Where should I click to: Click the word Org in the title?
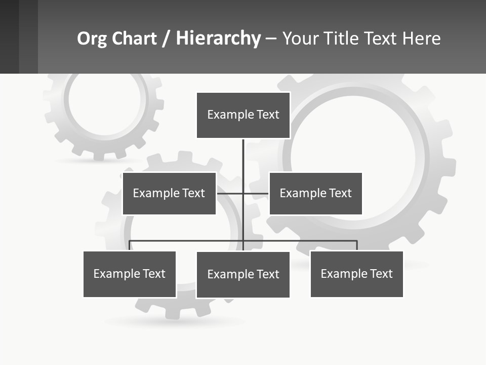[x=92, y=39]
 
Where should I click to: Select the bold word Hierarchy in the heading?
[x=218, y=39]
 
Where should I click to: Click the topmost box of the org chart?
[x=243, y=115]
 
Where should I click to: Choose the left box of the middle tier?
[x=169, y=193]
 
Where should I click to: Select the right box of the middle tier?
[x=315, y=193]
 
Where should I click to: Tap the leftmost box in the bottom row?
[x=130, y=274]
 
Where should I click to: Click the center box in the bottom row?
[x=243, y=274]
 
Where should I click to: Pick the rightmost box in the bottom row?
[x=356, y=274]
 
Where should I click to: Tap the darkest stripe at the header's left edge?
[x=9, y=36]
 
